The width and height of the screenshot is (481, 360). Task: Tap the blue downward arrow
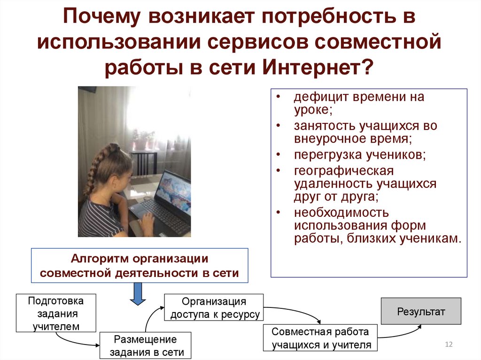(138, 294)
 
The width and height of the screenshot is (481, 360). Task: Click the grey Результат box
(421, 311)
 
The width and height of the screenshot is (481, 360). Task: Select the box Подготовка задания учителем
(56, 313)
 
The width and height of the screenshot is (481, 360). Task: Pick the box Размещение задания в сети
(146, 346)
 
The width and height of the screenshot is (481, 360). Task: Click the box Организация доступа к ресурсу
(214, 307)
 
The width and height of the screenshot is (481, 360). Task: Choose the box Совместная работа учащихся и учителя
(321, 338)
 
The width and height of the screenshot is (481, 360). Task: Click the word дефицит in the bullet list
(318, 97)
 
